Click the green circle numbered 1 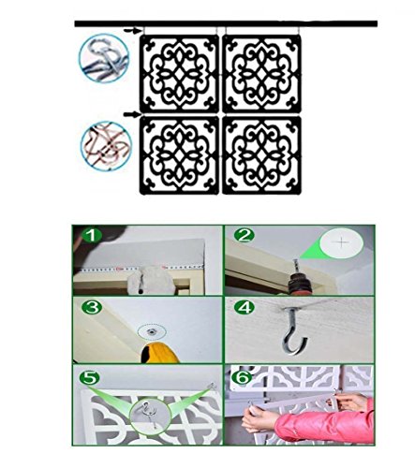pyautogui.click(x=92, y=236)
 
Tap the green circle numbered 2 pyautogui.click(x=244, y=235)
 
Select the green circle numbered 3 pyautogui.click(x=92, y=308)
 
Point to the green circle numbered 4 pyautogui.click(x=245, y=308)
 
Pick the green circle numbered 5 pyautogui.click(x=90, y=378)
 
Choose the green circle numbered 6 pyautogui.click(x=242, y=378)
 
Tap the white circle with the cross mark pyautogui.click(x=343, y=241)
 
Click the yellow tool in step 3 pyautogui.click(x=159, y=353)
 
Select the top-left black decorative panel pyautogui.click(x=179, y=74)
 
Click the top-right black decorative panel pyautogui.click(x=261, y=74)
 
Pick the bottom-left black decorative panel pyautogui.click(x=179, y=155)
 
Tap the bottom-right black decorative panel pyautogui.click(x=261, y=155)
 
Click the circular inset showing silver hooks pyautogui.click(x=104, y=59)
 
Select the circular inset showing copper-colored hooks pyautogui.click(x=107, y=146)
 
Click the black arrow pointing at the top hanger pyautogui.click(x=133, y=30)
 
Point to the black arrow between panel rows pyautogui.click(x=132, y=114)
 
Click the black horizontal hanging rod pyautogui.click(x=226, y=23)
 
